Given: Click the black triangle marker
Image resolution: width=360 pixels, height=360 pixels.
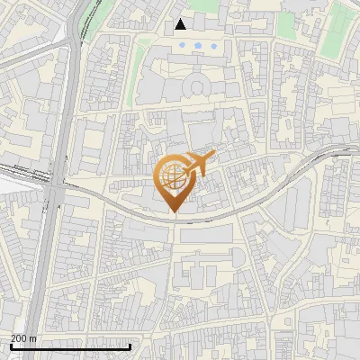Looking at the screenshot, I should point(181,24).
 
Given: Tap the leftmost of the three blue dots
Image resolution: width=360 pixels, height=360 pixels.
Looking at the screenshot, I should point(183,44).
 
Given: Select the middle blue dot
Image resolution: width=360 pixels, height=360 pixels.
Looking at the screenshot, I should point(198,44).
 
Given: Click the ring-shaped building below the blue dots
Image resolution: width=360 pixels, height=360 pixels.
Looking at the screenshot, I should point(196,86).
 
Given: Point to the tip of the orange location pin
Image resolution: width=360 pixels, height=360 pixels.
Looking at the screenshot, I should point(175,213).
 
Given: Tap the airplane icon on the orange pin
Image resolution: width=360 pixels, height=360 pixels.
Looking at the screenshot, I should point(199,164).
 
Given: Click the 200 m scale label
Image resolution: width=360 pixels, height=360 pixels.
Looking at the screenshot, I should point(24,338).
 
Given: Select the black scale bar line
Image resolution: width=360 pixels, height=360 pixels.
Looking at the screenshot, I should point(70,346).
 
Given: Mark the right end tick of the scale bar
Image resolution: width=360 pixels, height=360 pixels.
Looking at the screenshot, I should point(130,345).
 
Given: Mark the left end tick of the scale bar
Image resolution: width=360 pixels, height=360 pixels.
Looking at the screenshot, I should point(10,345).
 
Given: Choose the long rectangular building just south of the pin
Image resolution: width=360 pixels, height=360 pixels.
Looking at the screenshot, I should point(209,236).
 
